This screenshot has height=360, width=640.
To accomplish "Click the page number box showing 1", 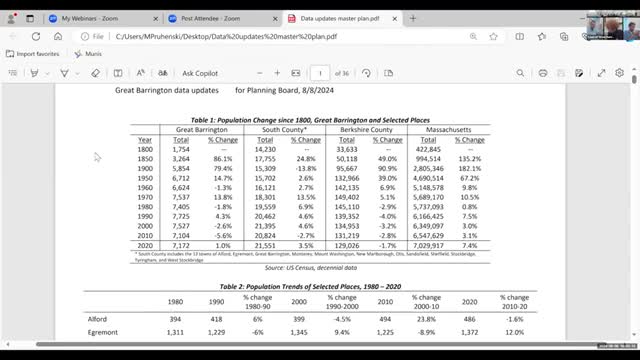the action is pyautogui.click(x=319, y=73).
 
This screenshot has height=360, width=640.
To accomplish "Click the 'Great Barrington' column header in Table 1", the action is pyautogui.click(x=202, y=130).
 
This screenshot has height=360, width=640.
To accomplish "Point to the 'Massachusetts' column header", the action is pyautogui.click(x=447, y=130).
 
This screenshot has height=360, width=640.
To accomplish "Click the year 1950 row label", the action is pyautogui.click(x=146, y=177).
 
